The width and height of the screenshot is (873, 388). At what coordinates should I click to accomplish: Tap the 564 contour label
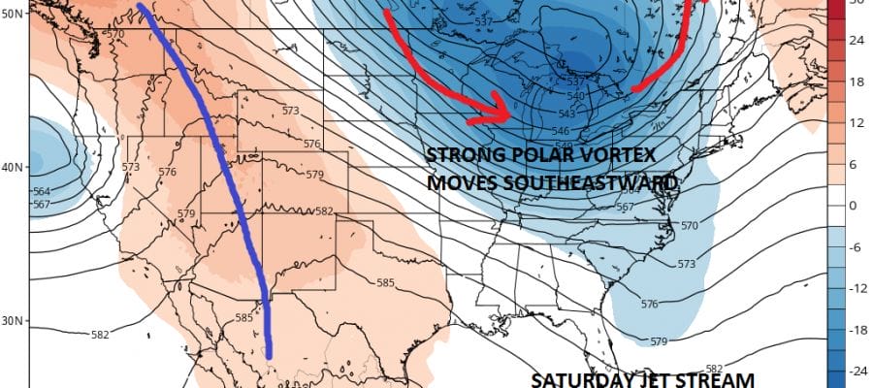[x=42, y=191]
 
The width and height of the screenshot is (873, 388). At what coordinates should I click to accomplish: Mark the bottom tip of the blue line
[x=269, y=354]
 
